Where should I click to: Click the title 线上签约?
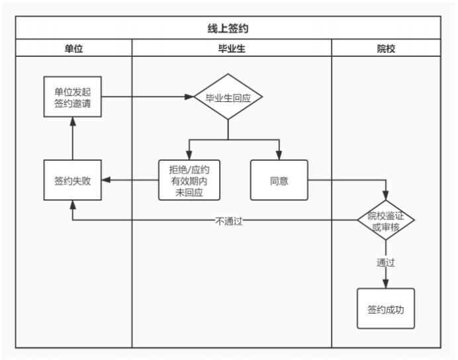pos(228,28)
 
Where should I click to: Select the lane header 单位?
pos(73,48)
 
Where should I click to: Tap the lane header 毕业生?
pos(232,48)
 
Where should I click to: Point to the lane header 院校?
pos(386,48)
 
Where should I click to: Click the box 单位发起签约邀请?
pos(73,97)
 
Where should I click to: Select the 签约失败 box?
pos(73,180)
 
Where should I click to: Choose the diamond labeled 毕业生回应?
pos(228,97)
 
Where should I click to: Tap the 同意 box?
pos(279,180)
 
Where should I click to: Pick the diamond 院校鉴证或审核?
pos(386,220)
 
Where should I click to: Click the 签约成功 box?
pos(386,308)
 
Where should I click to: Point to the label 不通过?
pos(228,221)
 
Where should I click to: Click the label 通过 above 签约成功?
pos(386,262)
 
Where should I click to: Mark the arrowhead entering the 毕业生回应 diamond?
pos(189,97)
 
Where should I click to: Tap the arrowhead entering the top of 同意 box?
pos(279,156)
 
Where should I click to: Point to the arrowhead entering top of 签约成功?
pos(386,283)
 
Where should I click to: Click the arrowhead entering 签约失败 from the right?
pos(106,180)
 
